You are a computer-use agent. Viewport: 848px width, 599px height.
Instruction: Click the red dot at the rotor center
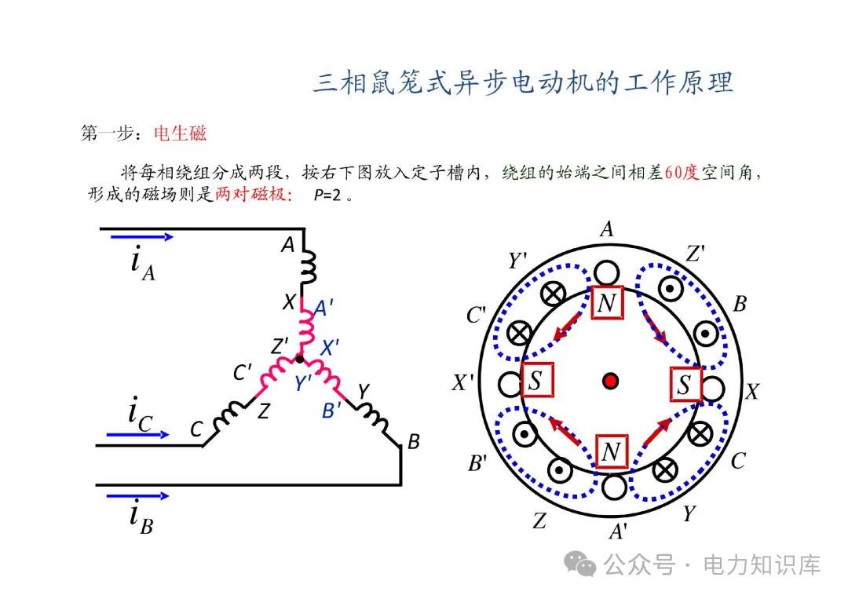[x=610, y=382]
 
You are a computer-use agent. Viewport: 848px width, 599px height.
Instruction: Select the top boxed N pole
[x=607, y=303]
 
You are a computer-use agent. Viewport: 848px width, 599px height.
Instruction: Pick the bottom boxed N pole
[x=611, y=451]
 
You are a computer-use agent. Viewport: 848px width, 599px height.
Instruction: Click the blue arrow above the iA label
[x=141, y=236]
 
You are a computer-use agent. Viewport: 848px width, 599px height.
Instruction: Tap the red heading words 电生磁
[x=180, y=133]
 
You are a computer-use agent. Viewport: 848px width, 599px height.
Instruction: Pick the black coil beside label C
[x=228, y=416]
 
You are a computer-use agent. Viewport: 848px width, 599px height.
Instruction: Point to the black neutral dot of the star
[x=298, y=359]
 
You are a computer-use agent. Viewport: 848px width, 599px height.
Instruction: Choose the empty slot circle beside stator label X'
[x=510, y=384]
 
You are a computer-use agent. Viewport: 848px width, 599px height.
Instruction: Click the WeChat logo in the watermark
[x=583, y=564]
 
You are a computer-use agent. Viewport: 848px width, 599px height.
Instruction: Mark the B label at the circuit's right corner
[x=413, y=442]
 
